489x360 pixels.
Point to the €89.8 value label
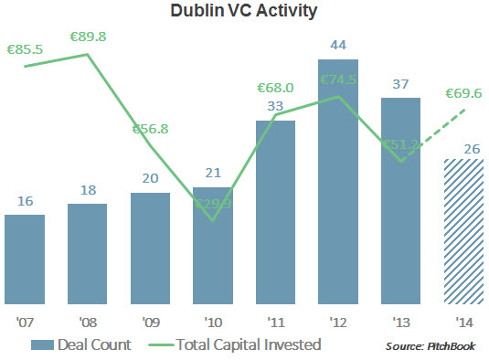[x=88, y=37]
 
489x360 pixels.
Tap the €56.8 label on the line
[x=152, y=129]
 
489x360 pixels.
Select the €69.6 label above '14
[x=462, y=92]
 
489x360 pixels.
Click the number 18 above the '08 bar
[x=88, y=190]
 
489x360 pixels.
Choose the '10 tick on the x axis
[x=212, y=322]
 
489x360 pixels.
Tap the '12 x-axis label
[x=337, y=322]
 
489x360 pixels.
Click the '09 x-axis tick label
[x=150, y=322]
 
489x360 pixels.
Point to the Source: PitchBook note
[x=430, y=345]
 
